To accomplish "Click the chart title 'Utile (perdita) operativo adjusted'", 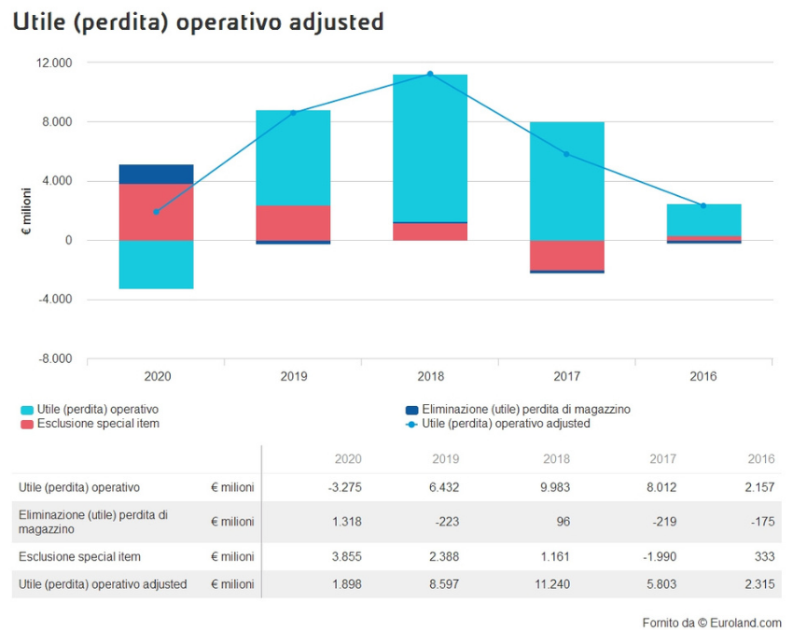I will pyautogui.click(x=198, y=21).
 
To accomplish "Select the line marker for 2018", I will pyautogui.click(x=430, y=74).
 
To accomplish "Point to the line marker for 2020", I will pyautogui.click(x=157, y=212).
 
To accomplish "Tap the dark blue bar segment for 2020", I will pyautogui.click(x=157, y=175).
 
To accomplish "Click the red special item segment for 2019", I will pyautogui.click(x=293, y=223).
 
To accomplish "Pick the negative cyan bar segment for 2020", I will pyautogui.click(x=157, y=264).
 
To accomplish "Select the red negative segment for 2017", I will pyautogui.click(x=566, y=255).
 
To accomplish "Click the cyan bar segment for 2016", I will pyautogui.click(x=703, y=220).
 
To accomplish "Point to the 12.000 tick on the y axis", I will pyautogui.click(x=54, y=63).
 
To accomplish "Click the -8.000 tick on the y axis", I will pyautogui.click(x=54, y=358).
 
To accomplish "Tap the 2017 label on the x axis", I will pyautogui.click(x=566, y=377).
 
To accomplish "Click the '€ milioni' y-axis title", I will pyautogui.click(x=28, y=211).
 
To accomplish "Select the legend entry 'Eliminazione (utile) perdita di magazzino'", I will pyautogui.click(x=526, y=409).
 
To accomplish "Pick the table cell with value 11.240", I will pyautogui.click(x=551, y=584).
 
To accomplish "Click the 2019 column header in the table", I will pyautogui.click(x=446, y=459).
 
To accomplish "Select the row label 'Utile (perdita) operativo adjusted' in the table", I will pyautogui.click(x=103, y=584).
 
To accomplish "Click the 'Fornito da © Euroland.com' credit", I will pyautogui.click(x=711, y=623).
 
